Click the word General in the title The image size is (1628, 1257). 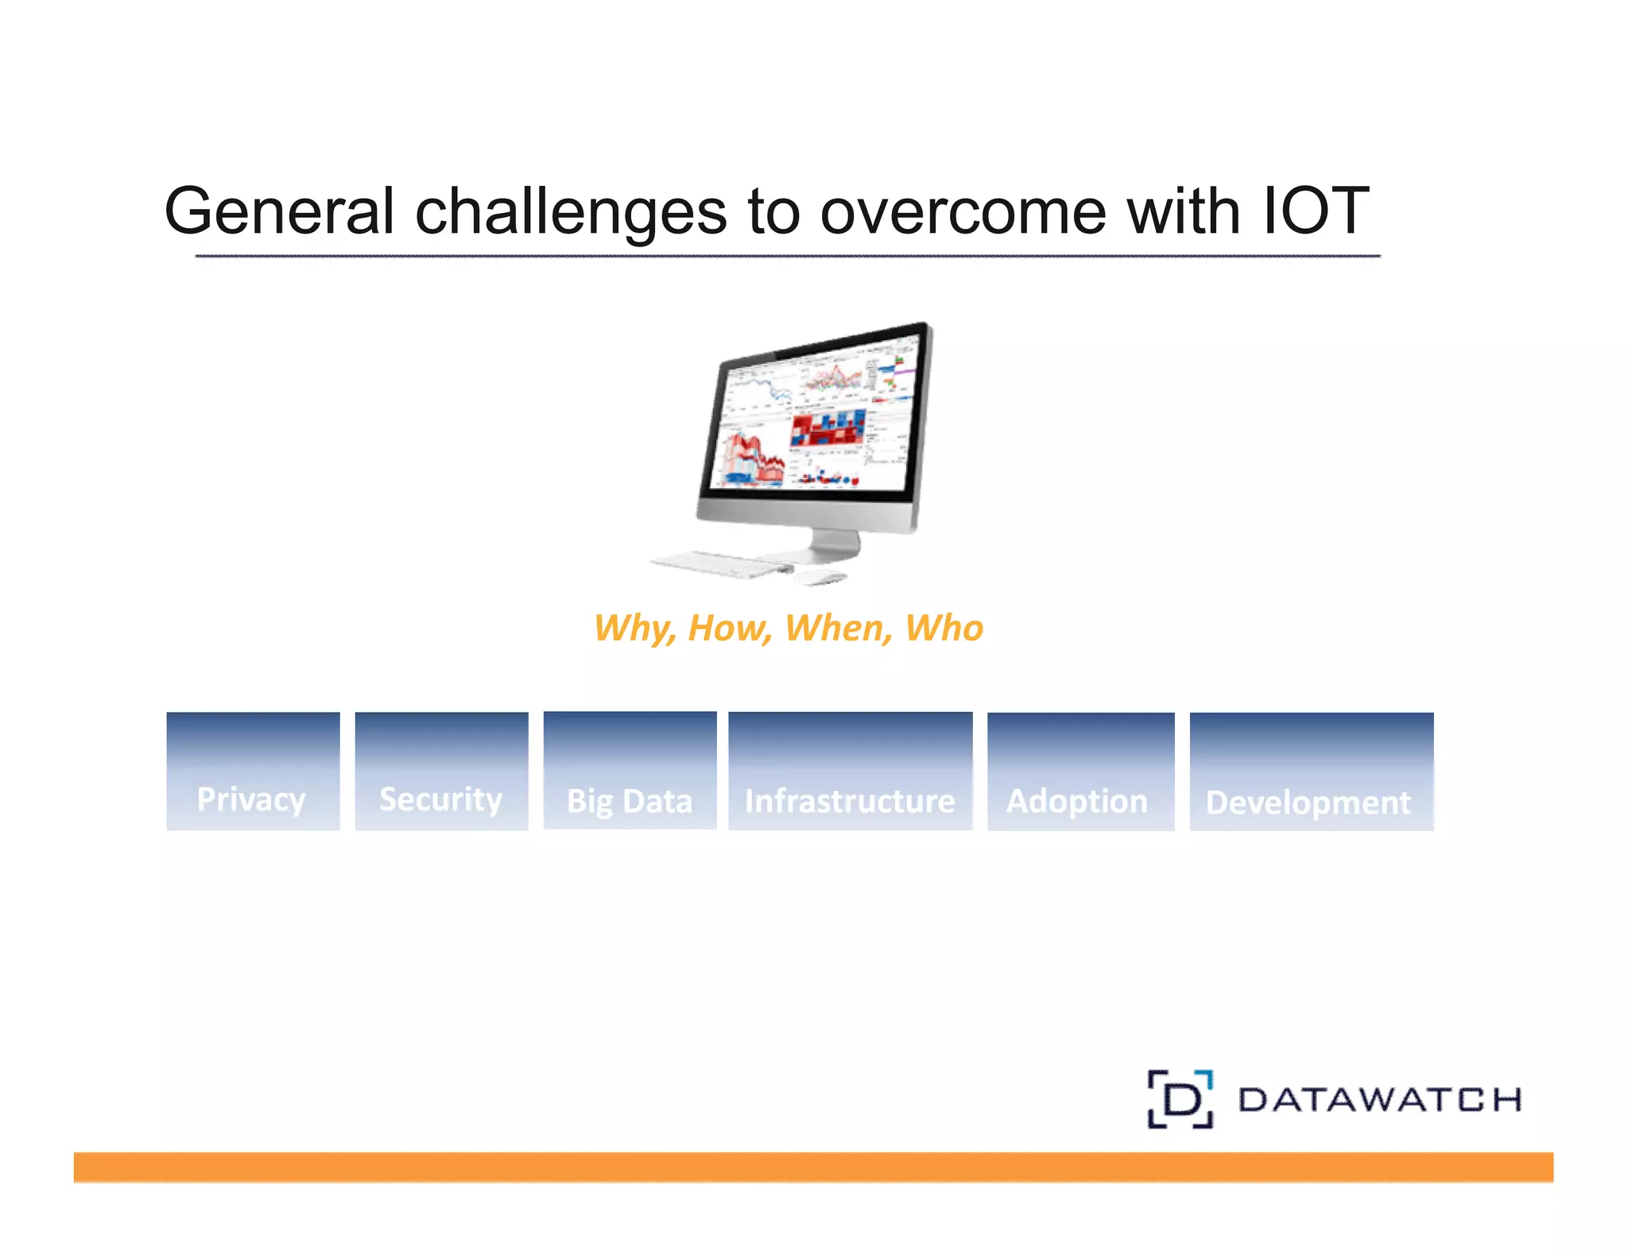click(278, 211)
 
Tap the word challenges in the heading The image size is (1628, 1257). click(571, 211)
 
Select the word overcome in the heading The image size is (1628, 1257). click(963, 211)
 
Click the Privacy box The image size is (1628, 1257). click(253, 772)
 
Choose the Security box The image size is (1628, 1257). click(441, 772)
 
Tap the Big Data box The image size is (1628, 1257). click(630, 771)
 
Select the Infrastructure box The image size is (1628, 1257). click(850, 772)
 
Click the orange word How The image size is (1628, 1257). click(728, 628)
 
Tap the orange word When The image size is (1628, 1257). click(837, 628)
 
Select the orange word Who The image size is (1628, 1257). click(944, 628)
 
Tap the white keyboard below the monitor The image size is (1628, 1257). click(719, 563)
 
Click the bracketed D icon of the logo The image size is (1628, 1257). click(1180, 1099)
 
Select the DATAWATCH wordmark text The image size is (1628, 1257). click(1379, 1100)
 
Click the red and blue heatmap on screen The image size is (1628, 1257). click(827, 429)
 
